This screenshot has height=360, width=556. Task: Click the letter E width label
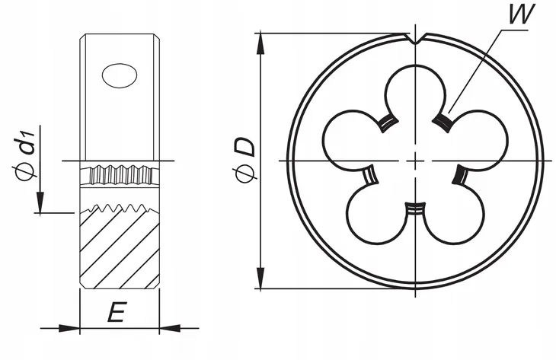pyautogui.click(x=117, y=312)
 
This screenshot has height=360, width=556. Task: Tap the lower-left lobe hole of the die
pyautogui.click(x=375, y=215)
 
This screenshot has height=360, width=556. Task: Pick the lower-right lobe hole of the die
pyautogui.click(x=455, y=215)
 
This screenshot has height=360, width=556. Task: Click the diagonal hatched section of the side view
pyautogui.click(x=120, y=247)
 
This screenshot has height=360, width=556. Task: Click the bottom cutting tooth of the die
pyautogui.click(x=415, y=208)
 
